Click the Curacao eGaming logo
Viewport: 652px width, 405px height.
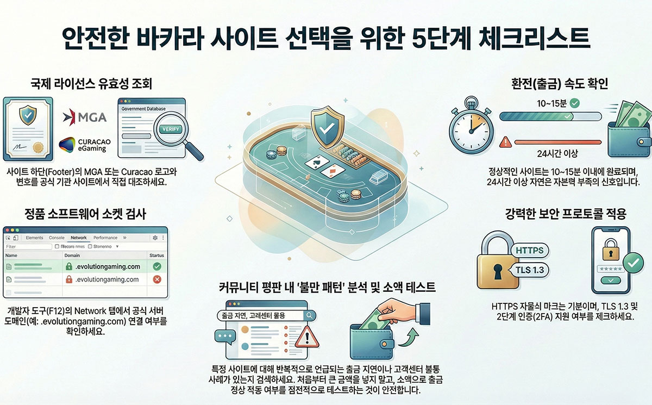tap(84, 145)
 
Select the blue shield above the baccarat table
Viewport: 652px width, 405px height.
tap(325, 127)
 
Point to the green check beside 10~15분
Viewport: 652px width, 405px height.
tap(575, 102)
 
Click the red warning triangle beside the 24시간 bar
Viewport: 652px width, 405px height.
tap(506, 142)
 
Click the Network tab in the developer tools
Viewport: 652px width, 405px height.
tap(78, 238)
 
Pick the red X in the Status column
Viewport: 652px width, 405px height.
tap(157, 279)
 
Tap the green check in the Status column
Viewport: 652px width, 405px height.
tap(157, 266)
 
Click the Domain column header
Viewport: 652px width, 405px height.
tap(72, 255)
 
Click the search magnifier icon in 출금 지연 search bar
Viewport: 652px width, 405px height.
tap(309, 315)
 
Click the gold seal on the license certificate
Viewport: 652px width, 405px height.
tap(39, 148)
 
